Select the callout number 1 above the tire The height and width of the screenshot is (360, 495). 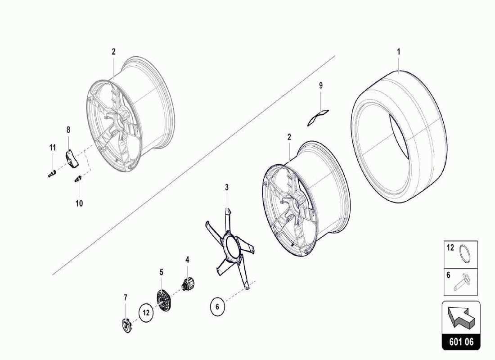pos(398,52)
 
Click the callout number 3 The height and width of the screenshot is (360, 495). pos(227,187)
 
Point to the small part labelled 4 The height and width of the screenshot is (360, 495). pos(189,284)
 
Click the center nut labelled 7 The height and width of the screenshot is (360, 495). pos(126,324)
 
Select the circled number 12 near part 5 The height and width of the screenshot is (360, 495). pos(146,311)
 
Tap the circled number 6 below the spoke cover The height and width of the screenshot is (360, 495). pos(217,307)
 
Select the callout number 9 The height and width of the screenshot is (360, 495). pos(321,85)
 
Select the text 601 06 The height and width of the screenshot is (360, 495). pos(461,342)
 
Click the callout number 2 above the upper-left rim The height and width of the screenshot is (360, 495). pos(113,52)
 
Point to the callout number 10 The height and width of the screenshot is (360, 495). pos(79,203)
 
